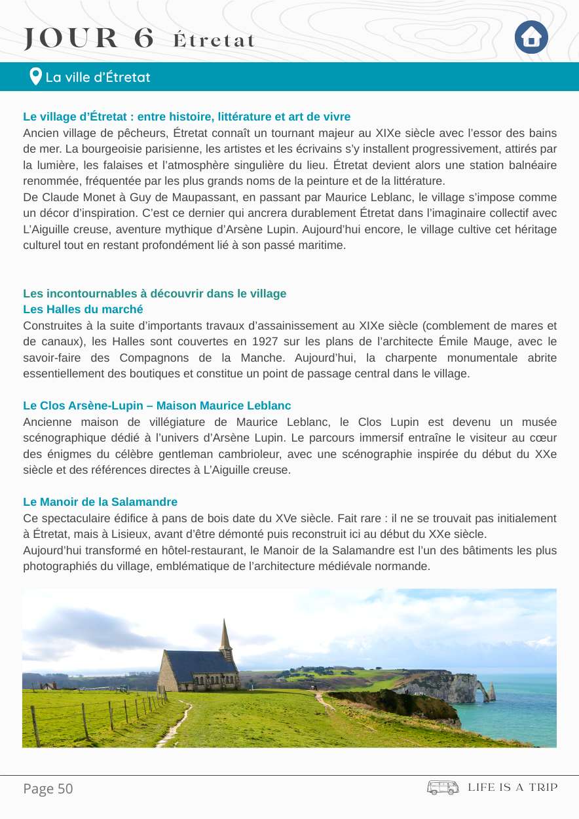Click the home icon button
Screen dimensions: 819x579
click(x=531, y=37)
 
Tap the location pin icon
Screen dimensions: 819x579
click(x=36, y=77)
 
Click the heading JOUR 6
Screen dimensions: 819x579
click(x=89, y=39)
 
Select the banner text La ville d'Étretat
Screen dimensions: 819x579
click(x=98, y=77)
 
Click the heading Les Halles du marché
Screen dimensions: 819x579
click(x=83, y=309)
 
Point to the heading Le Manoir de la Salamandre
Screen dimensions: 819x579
click(x=100, y=502)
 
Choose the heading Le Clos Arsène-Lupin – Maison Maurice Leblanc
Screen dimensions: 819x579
click(x=157, y=406)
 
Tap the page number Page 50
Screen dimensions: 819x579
click(x=48, y=788)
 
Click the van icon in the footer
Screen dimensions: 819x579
click(x=443, y=787)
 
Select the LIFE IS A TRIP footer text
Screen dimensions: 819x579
click(x=512, y=787)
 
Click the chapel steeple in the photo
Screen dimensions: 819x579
click(x=225, y=634)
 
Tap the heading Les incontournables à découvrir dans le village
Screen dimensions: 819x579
click(x=155, y=294)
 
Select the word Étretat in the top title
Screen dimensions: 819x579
click(x=214, y=41)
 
